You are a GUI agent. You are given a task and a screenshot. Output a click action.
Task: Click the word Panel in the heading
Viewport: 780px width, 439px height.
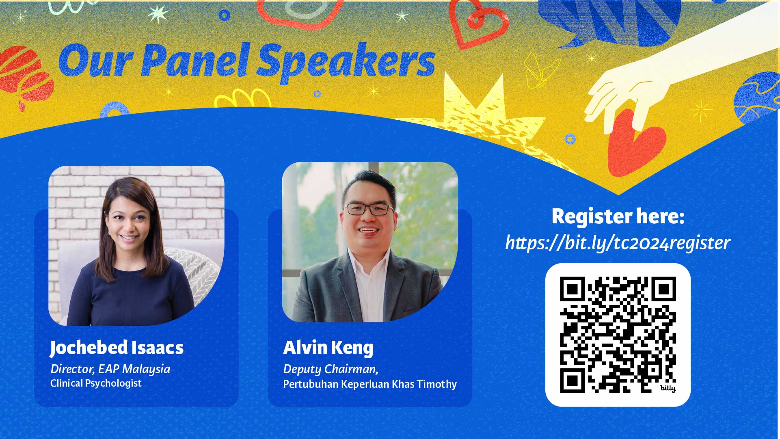pos(194,61)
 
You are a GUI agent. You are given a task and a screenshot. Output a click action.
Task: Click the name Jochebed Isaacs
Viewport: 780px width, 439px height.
pos(117,348)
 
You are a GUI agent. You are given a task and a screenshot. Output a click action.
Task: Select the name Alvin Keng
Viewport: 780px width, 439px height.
pos(328,348)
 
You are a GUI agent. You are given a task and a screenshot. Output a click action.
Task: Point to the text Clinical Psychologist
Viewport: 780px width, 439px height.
pos(96,383)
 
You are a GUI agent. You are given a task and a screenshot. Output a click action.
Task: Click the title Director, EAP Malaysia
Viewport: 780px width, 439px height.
pos(110,369)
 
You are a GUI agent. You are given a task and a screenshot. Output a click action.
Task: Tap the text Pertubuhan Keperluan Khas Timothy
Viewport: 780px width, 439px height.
pos(370,384)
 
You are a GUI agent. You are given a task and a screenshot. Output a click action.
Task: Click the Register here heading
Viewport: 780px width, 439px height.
pos(618,216)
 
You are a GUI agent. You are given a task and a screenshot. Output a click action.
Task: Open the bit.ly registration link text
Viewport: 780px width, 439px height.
pos(618,243)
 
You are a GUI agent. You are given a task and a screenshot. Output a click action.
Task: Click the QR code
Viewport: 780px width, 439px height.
pos(618,335)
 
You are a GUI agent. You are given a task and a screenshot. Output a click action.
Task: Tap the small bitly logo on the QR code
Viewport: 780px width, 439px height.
pos(668,388)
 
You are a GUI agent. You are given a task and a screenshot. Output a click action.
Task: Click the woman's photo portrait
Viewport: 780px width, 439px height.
pos(136,245)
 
